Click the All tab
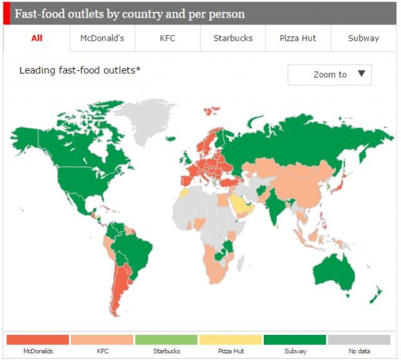[x=37, y=38]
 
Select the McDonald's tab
[x=102, y=38]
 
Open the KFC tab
[x=167, y=38]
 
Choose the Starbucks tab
[x=233, y=38]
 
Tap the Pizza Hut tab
[x=298, y=38]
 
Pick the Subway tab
[x=363, y=38]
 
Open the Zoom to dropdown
[x=330, y=75]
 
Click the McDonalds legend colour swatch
[x=38, y=339]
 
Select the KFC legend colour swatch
[x=102, y=339]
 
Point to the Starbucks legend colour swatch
[x=167, y=339]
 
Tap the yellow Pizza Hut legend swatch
[x=231, y=339]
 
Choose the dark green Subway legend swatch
[x=295, y=339]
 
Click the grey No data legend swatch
[x=359, y=339]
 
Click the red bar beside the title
[x=6, y=13]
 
